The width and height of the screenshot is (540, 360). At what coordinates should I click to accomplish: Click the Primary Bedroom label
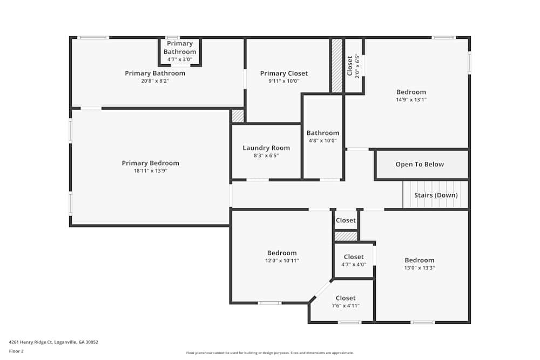coord(150,163)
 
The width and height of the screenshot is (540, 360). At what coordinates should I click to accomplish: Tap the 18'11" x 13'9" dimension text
coord(150,171)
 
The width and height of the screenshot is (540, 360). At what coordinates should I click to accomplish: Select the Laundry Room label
coord(266,148)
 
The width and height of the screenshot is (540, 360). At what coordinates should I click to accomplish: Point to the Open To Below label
coord(420,165)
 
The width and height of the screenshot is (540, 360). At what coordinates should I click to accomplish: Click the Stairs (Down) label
coord(436,195)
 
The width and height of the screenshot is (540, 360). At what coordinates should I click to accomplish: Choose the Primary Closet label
coord(283,73)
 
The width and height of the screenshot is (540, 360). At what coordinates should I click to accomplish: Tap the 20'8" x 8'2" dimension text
coord(155,81)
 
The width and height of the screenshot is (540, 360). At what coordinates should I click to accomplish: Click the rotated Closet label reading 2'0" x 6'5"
coord(350,66)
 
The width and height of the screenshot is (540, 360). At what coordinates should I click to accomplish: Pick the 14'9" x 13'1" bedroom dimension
coord(411,100)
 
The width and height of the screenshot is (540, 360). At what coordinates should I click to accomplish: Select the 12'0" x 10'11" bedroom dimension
coord(281,261)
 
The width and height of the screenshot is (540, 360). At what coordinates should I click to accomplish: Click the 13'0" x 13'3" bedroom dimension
coord(420,268)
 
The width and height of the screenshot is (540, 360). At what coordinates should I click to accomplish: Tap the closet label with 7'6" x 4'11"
coord(346,298)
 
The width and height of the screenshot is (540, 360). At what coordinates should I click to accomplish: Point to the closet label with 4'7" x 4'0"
coord(354,257)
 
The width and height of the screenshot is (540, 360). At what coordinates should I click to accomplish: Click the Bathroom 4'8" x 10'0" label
coord(323,133)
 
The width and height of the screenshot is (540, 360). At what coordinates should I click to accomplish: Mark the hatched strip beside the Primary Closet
coord(337,65)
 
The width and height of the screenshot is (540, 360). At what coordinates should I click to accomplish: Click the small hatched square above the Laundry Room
coord(238,116)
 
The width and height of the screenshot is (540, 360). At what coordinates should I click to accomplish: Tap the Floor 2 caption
coord(16,351)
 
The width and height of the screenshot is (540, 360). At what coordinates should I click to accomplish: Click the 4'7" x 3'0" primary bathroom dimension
coord(180,59)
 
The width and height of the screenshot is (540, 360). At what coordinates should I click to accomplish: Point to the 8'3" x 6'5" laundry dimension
coord(266,155)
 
